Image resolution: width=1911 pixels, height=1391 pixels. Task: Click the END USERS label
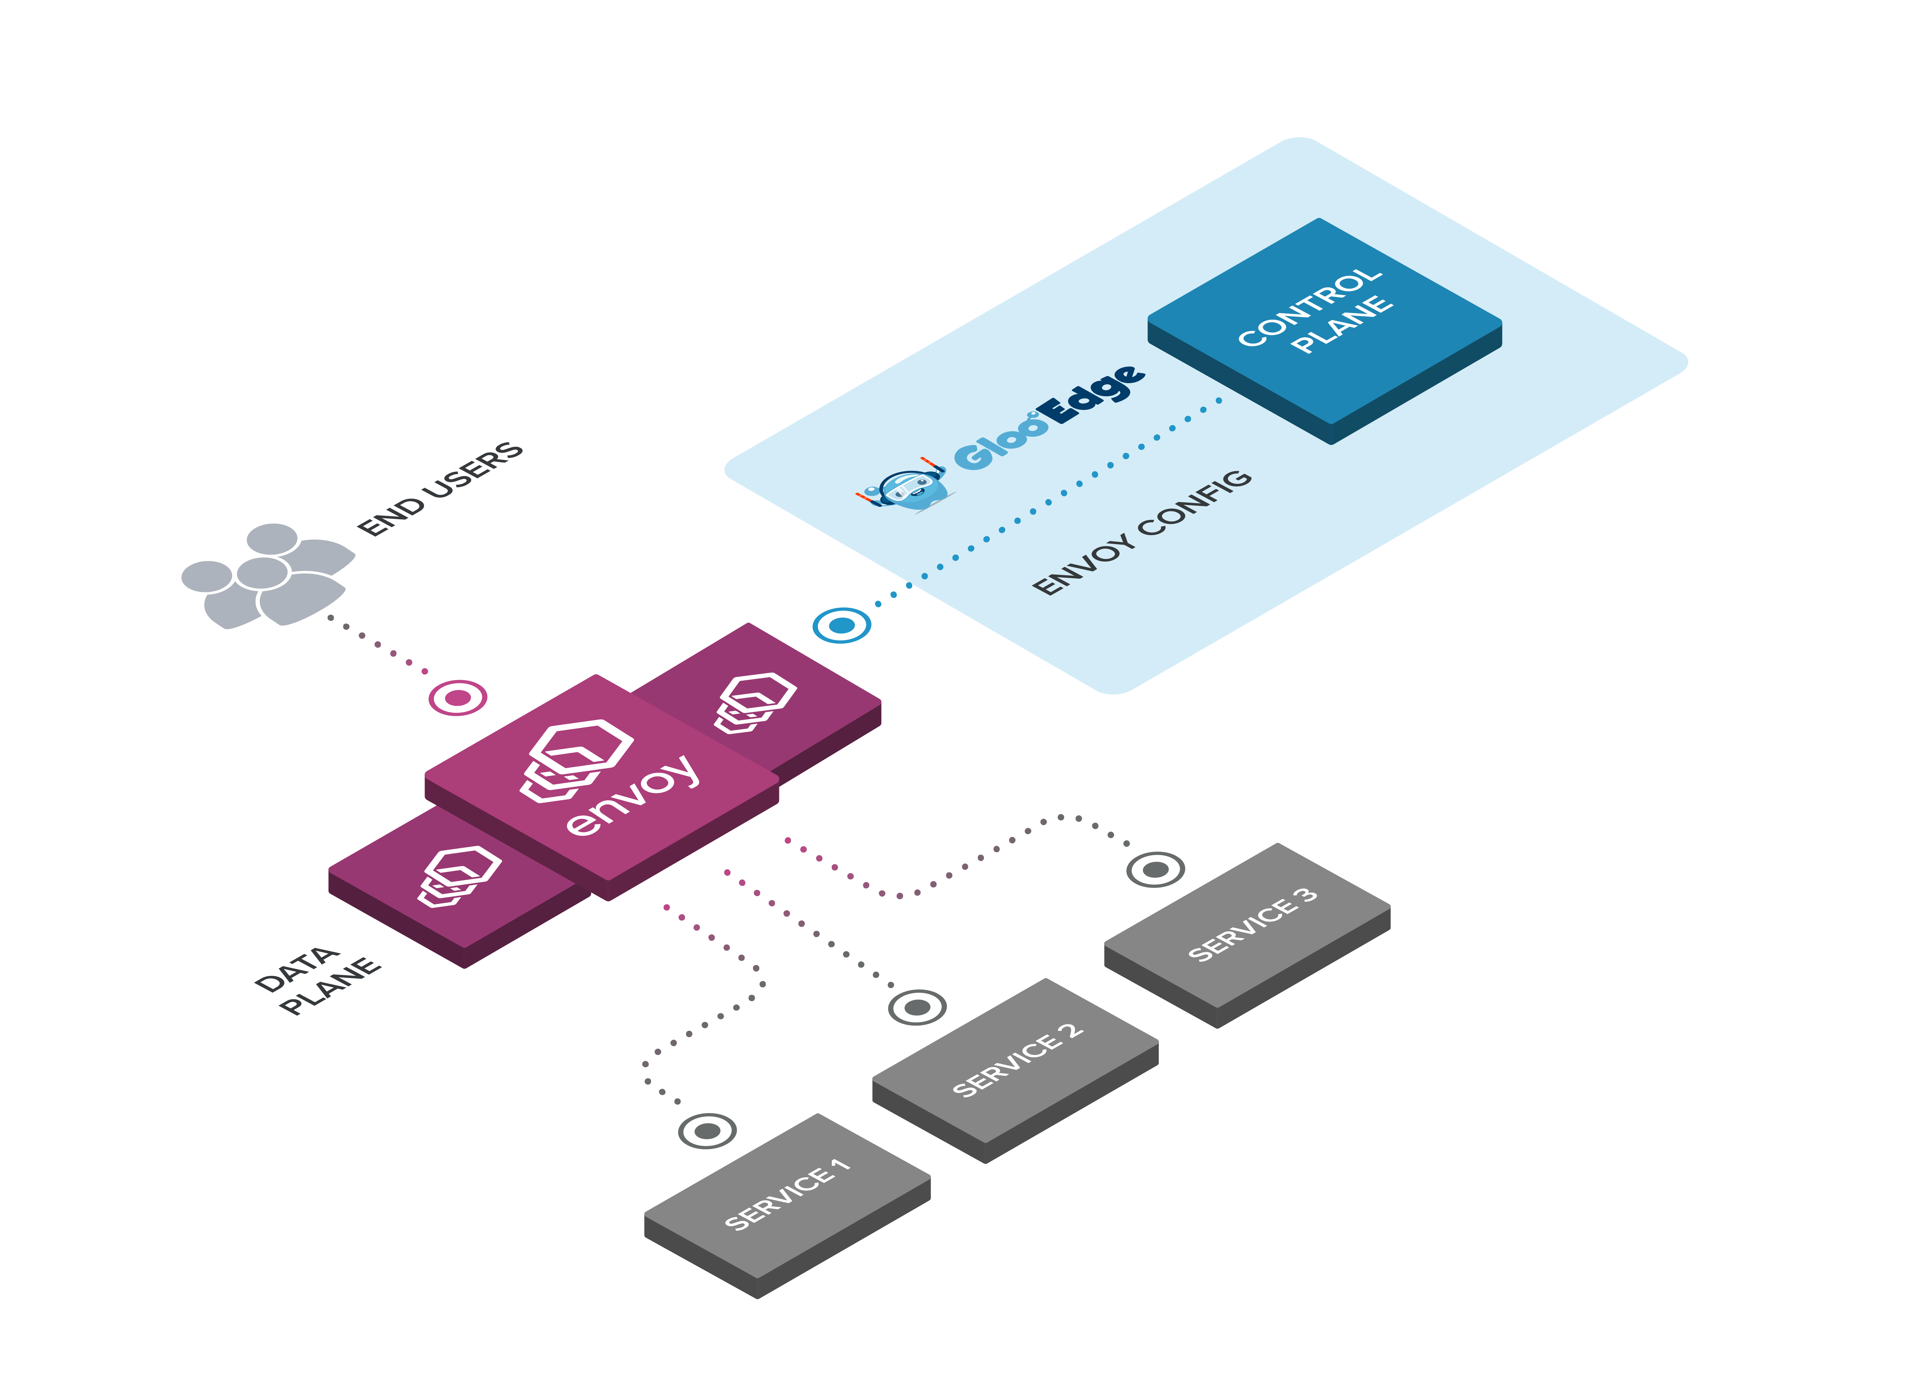440,489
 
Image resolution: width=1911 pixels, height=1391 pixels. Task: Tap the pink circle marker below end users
458,698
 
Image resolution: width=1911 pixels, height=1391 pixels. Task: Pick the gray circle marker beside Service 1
707,1131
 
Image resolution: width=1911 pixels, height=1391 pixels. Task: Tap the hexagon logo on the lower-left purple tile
459,876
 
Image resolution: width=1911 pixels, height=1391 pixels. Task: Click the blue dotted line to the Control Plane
1048,502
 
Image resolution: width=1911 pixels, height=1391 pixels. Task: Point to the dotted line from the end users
378,644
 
